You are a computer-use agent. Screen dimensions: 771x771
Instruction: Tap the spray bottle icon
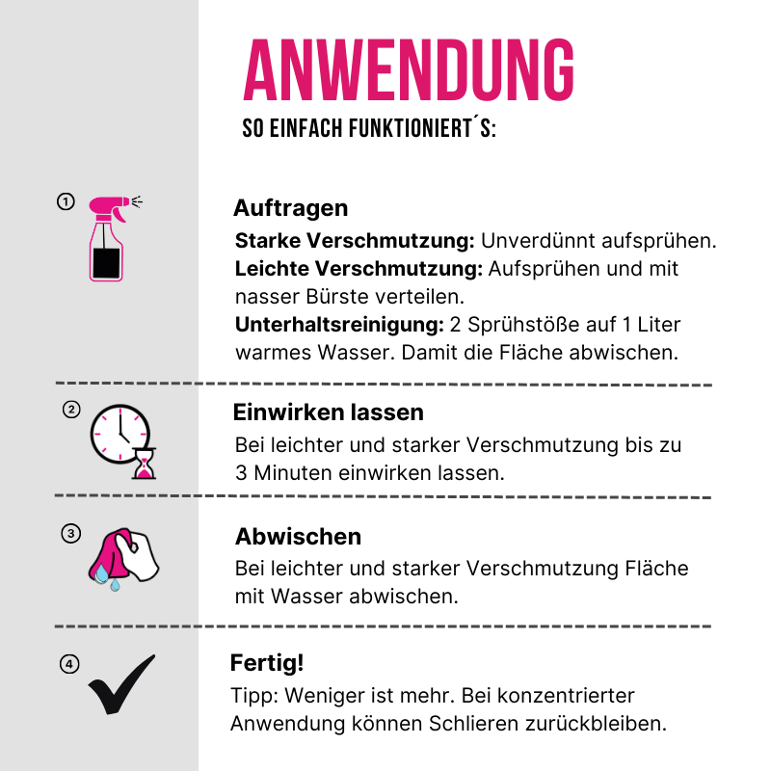click(107, 239)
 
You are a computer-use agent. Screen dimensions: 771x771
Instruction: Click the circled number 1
click(66, 201)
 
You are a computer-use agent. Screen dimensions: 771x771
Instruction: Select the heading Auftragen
click(290, 208)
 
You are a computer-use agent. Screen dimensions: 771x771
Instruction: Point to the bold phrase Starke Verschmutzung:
click(355, 240)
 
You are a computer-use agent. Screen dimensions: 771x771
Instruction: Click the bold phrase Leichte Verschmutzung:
click(359, 268)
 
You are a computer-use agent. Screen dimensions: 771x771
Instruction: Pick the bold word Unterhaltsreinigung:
click(339, 324)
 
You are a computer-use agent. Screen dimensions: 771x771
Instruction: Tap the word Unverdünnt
click(535, 240)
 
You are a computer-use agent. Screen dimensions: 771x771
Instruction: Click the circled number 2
click(70, 409)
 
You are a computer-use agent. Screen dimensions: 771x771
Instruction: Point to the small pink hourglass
click(145, 465)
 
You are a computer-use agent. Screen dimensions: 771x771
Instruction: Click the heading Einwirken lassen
click(328, 412)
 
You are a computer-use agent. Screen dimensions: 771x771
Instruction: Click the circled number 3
click(69, 533)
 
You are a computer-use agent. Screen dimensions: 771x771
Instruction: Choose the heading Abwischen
click(298, 537)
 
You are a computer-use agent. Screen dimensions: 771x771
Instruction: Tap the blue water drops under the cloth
click(107, 579)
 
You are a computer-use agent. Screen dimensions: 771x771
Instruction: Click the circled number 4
click(69, 663)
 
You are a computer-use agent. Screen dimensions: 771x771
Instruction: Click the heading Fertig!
click(267, 663)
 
